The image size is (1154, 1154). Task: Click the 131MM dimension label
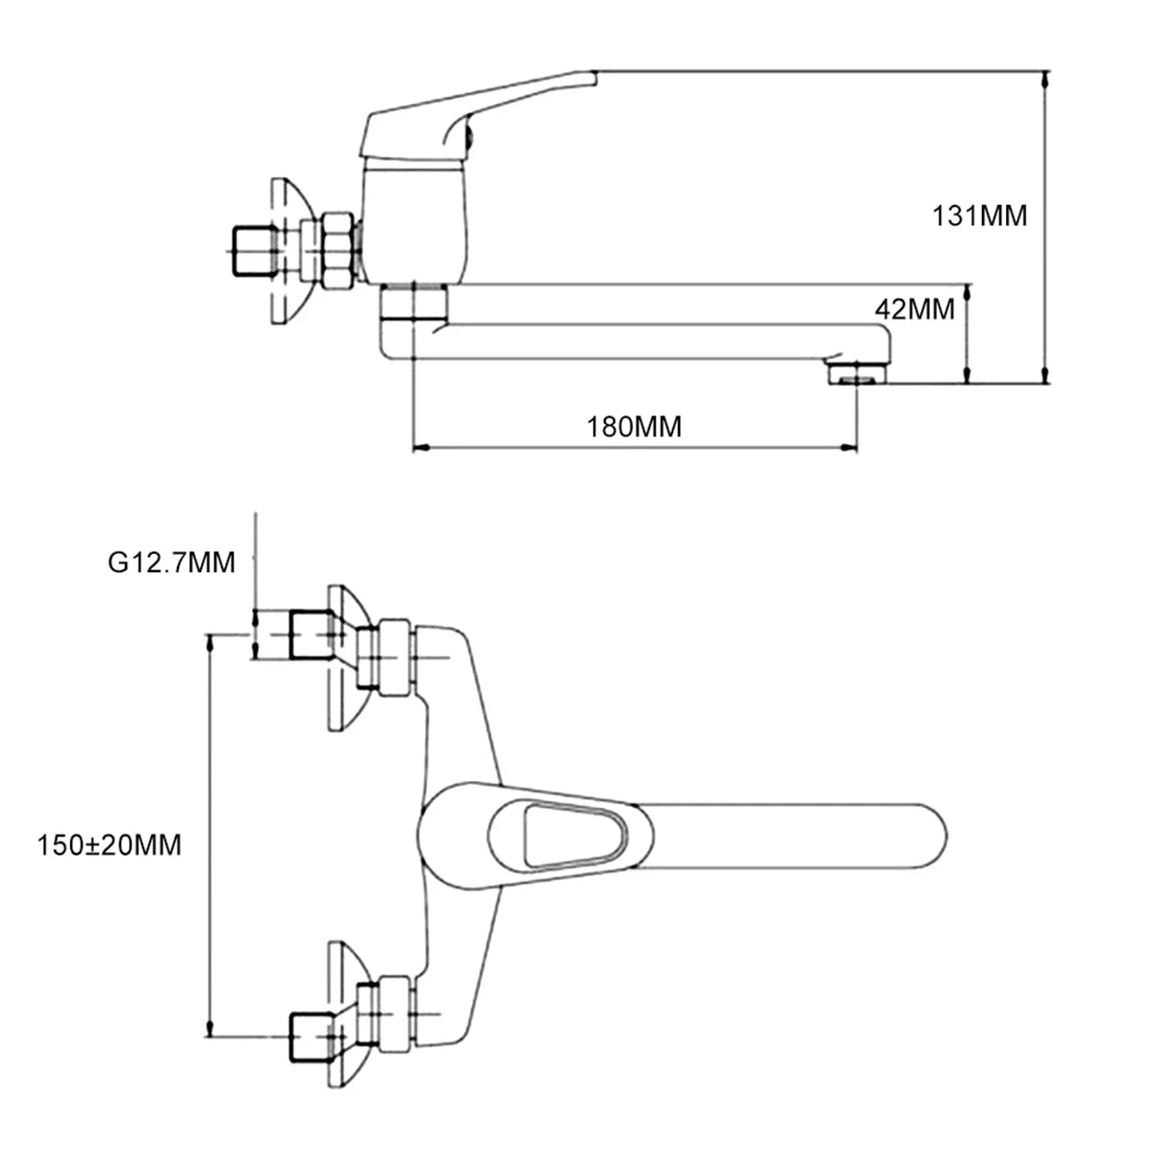(x=979, y=215)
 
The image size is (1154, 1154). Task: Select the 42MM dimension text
(x=915, y=309)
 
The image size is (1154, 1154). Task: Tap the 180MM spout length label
(x=634, y=426)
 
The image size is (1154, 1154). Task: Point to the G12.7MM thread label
(x=171, y=562)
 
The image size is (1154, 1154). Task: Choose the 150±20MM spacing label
(x=109, y=845)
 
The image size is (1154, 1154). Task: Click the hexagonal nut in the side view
(x=337, y=250)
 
